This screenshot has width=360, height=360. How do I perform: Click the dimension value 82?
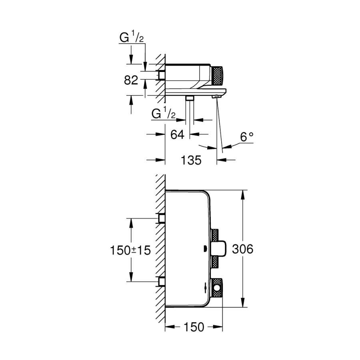(x=131, y=80)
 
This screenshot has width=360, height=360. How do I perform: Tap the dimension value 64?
(x=177, y=134)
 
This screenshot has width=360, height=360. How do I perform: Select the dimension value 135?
(x=191, y=160)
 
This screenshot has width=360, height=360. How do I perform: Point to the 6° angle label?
(x=247, y=137)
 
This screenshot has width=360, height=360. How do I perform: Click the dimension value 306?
(x=243, y=249)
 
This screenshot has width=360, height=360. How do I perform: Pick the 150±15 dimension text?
(x=130, y=250)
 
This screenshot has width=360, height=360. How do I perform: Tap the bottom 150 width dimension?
(x=194, y=327)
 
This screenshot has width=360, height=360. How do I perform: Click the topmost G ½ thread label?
(x=132, y=38)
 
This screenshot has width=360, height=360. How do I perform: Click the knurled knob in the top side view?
(x=217, y=76)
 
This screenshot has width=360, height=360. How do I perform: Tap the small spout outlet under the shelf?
(x=216, y=97)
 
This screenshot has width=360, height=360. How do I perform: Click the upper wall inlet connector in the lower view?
(x=162, y=218)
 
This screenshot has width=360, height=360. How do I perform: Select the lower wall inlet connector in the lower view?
(x=162, y=282)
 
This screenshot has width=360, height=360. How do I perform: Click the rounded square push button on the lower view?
(x=219, y=248)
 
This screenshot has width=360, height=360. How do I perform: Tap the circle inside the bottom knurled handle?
(x=217, y=288)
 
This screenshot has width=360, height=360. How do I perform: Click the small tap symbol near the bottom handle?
(x=205, y=288)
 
